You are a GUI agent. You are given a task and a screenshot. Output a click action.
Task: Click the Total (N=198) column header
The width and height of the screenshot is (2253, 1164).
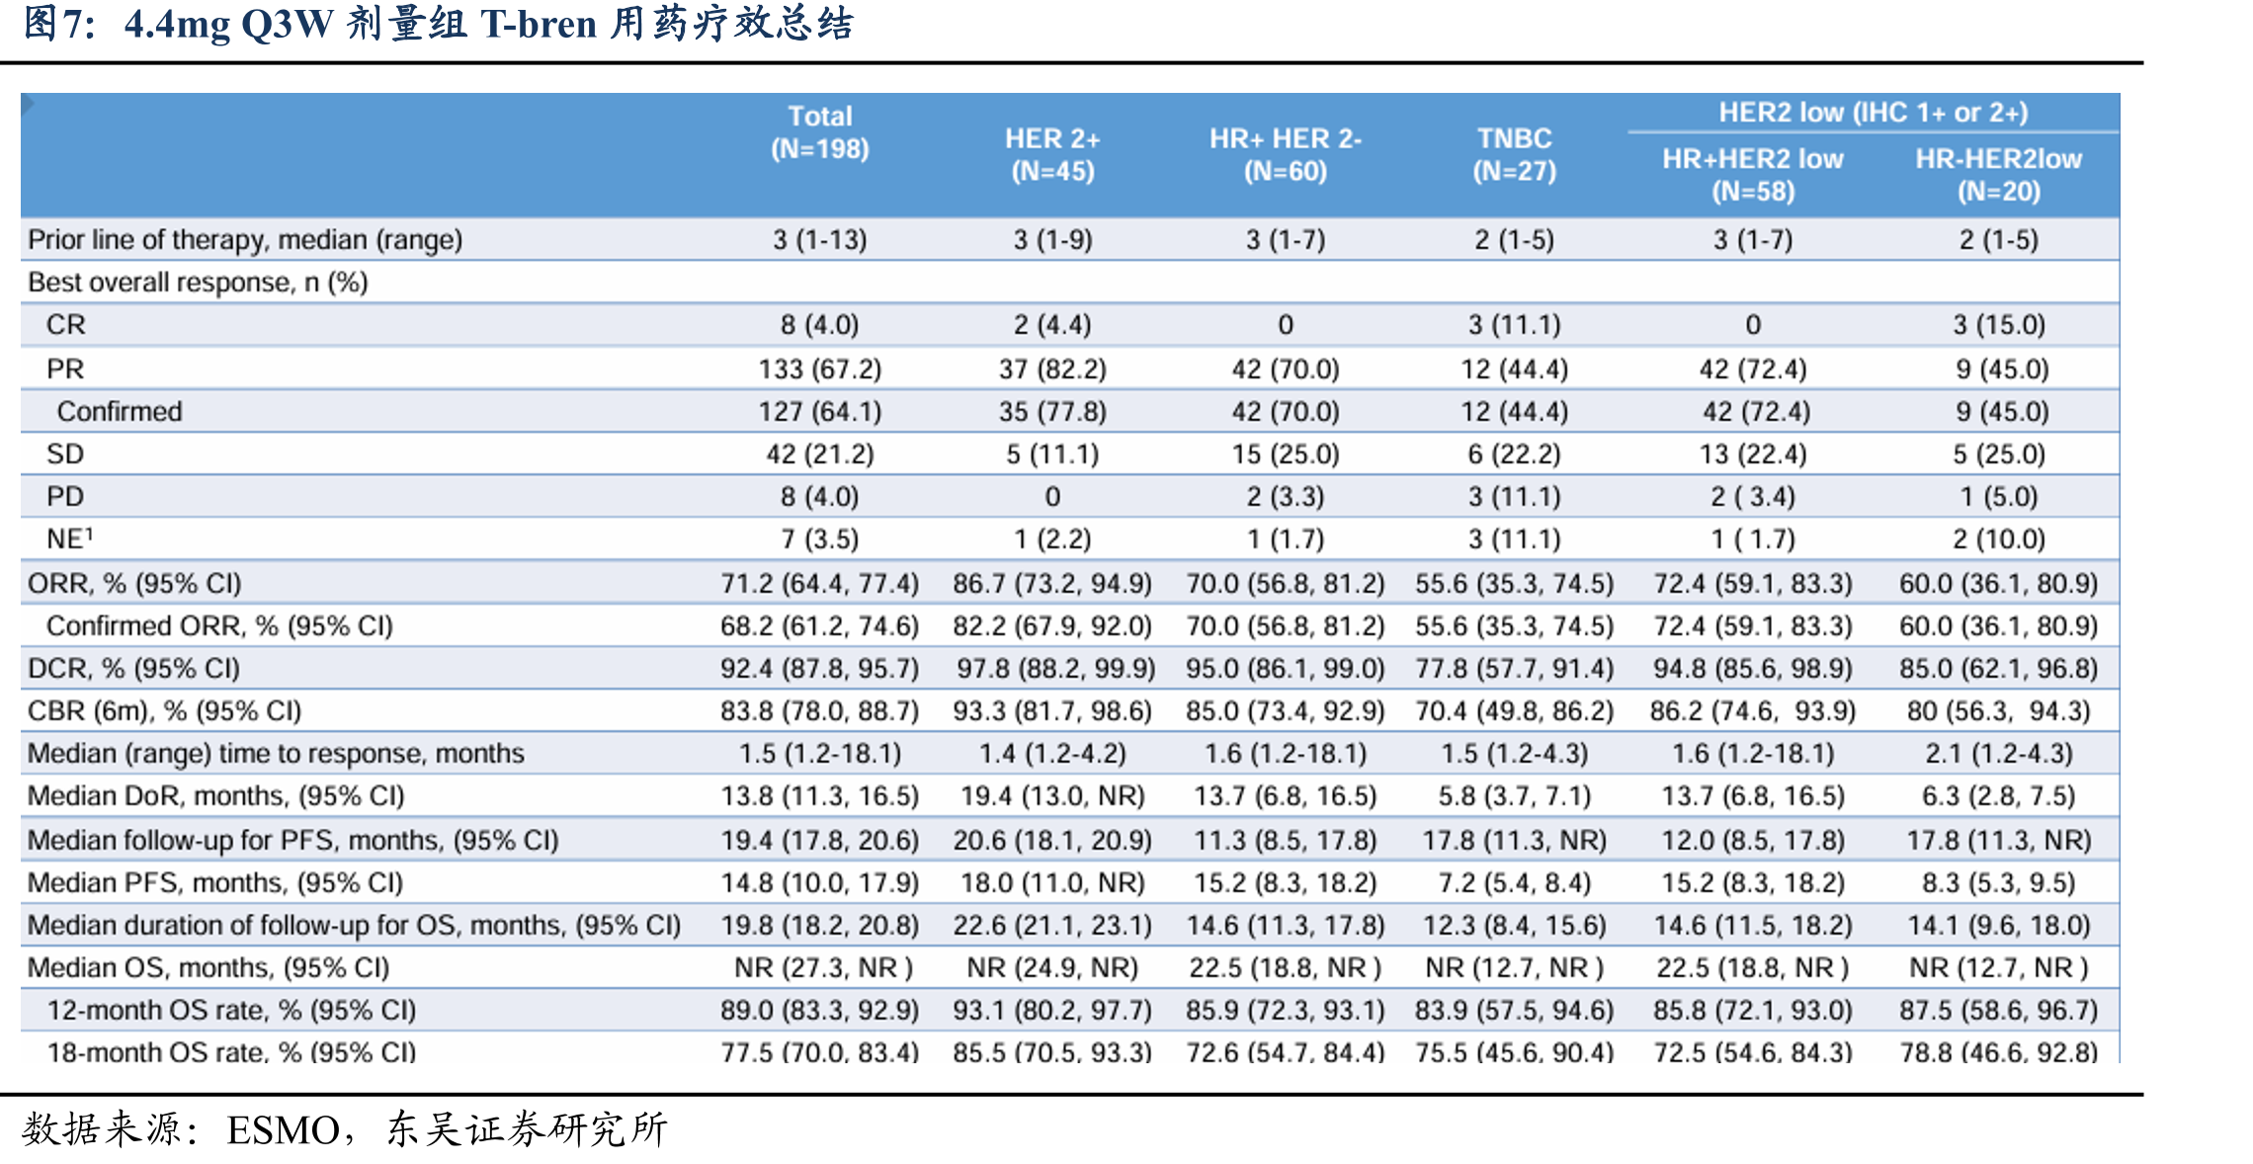point(819,132)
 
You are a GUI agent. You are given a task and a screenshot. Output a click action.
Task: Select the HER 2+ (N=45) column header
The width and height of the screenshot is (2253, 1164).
point(1052,154)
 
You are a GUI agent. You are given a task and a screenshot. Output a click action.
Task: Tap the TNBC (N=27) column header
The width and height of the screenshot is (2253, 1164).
point(1514,154)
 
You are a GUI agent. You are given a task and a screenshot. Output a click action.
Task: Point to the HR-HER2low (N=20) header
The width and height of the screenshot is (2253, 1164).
point(1998,175)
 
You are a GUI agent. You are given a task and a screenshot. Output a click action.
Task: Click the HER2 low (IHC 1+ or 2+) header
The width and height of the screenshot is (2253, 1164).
point(1873,113)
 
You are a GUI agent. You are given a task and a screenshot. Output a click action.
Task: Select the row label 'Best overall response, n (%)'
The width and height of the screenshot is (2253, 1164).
point(198,283)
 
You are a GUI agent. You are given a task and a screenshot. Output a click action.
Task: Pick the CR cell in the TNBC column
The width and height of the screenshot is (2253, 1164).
point(1514,325)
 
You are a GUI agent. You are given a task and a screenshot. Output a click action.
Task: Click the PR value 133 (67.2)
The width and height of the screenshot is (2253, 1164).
point(819,369)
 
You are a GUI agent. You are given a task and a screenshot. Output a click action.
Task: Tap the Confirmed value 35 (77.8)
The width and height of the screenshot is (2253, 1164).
point(1052,411)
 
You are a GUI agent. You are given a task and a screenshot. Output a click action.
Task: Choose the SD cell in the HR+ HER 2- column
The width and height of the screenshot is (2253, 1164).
point(1285,454)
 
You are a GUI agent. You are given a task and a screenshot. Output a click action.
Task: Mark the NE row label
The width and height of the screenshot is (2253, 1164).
point(69,539)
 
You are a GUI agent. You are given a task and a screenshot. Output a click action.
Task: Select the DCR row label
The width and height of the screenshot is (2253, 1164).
point(133,668)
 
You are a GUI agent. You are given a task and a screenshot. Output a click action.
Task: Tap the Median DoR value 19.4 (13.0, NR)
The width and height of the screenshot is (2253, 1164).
point(1052,795)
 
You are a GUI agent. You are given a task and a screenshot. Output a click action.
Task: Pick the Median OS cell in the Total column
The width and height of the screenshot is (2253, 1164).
point(823,967)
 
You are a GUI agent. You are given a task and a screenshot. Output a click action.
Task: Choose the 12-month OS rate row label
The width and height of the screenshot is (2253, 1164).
point(231,1010)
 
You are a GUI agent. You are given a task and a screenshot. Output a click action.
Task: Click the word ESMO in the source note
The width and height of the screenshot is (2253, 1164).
point(284,1129)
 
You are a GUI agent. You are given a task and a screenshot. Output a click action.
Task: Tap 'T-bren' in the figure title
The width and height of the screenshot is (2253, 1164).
point(539,24)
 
